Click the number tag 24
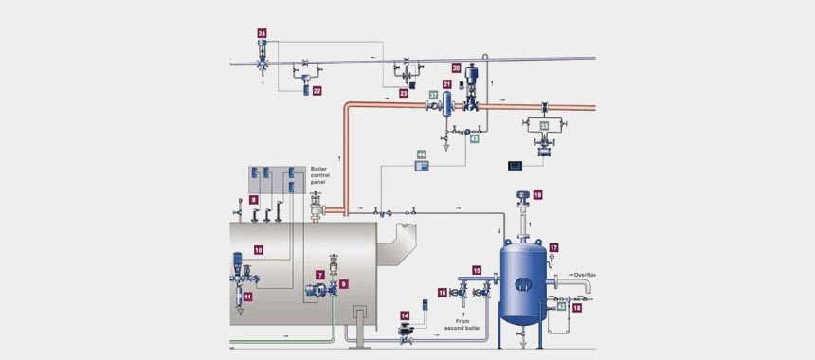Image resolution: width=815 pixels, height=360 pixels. (x=262, y=33)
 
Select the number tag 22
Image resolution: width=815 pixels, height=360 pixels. (x=317, y=91)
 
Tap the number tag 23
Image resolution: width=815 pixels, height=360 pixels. (x=404, y=94)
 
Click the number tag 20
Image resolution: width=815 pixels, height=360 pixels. (x=457, y=69)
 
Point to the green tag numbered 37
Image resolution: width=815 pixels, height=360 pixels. (x=433, y=96)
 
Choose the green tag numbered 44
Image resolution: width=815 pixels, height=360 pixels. (x=422, y=153)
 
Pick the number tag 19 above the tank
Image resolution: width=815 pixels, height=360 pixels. (x=537, y=194)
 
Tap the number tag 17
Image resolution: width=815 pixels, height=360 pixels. (x=553, y=247)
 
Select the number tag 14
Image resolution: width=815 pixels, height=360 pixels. (x=405, y=315)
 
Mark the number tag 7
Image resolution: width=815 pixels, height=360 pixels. (x=320, y=274)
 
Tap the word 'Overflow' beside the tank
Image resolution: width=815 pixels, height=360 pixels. (x=588, y=275)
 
